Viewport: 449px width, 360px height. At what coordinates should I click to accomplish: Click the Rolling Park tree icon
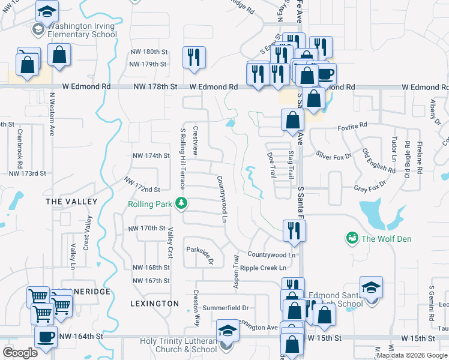pyautogui.click(x=181, y=204)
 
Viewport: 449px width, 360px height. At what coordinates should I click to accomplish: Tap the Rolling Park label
pyautogui.click(x=150, y=204)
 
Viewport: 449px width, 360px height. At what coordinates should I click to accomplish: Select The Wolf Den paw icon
pyautogui.click(x=352, y=239)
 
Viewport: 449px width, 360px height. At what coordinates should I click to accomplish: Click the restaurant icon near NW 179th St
pyautogui.click(x=194, y=58)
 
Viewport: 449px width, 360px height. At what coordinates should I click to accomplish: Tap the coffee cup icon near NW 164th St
pyautogui.click(x=46, y=337)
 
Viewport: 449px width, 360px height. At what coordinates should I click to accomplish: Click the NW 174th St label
pyautogui.click(x=151, y=156)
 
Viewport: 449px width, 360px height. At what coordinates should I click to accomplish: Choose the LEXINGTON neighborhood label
pyautogui.click(x=155, y=304)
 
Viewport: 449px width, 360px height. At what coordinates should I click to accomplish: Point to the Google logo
pyautogui.click(x=20, y=353)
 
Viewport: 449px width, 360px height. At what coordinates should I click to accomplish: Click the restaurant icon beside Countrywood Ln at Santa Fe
pyautogui.click(x=294, y=231)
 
